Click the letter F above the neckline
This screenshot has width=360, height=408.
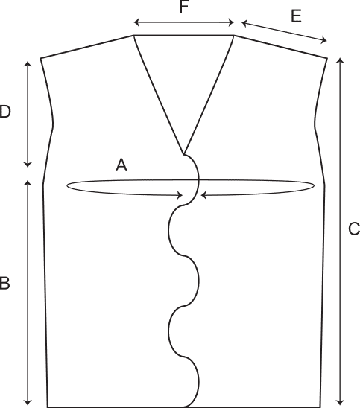[x=184, y=7]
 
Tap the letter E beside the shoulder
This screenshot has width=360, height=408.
[x=296, y=16]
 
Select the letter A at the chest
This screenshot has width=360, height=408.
[x=121, y=165]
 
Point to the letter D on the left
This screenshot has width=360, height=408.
[x=5, y=112]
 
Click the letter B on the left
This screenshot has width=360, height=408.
[x=4, y=284]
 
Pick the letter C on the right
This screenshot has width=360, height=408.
[x=354, y=229]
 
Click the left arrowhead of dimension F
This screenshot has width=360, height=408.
[x=135, y=22]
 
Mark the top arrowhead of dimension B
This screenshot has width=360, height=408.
[x=28, y=181]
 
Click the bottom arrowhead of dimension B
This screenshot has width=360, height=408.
[x=28, y=404]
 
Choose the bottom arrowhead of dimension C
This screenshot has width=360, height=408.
[x=340, y=404]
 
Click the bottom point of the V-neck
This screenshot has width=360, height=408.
[x=183, y=154]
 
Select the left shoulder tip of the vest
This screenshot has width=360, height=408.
[x=41, y=58]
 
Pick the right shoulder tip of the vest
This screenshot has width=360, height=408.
[x=327, y=58]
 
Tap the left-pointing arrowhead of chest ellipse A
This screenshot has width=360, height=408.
[x=202, y=195]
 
